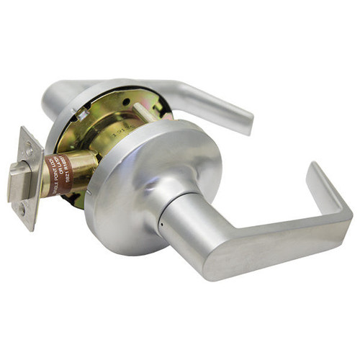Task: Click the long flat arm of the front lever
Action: pyautogui.click(x=274, y=245)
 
